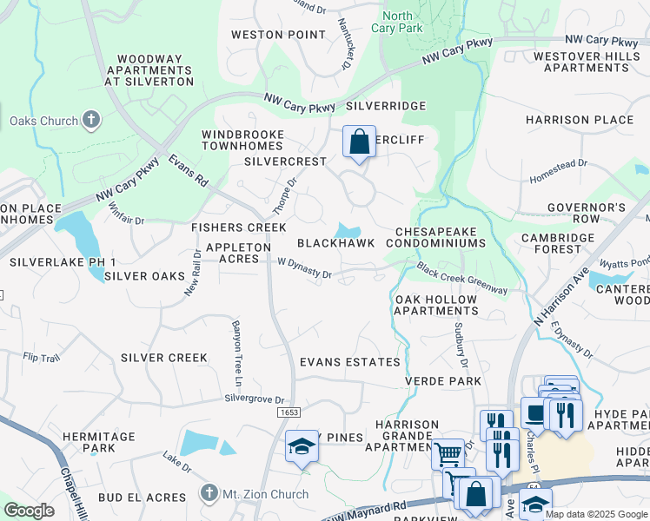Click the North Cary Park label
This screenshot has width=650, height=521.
point(398,23)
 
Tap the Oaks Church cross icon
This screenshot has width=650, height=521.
point(91,122)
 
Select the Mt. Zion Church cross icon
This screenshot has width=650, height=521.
point(207,494)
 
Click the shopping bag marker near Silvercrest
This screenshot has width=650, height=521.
point(359,142)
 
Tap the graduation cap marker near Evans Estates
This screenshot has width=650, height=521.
point(302,446)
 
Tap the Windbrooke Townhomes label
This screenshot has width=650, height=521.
point(242,141)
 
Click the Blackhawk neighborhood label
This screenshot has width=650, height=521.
point(335,244)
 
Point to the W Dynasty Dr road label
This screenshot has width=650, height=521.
point(304,272)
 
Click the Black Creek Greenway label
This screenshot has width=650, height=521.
point(461,278)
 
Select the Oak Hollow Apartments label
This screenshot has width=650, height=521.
point(436,305)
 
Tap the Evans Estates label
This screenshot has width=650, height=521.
point(349,362)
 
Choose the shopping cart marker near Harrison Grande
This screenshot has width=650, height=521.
point(448,452)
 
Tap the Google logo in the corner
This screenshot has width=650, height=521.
point(29,511)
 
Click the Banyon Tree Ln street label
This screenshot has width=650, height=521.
point(235,353)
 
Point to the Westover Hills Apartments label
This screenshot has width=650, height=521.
point(580,61)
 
